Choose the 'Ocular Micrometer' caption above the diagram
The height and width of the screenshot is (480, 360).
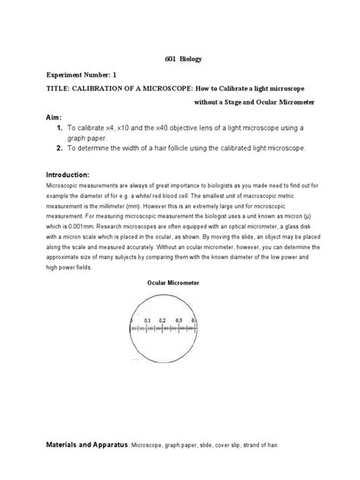(172, 282)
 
